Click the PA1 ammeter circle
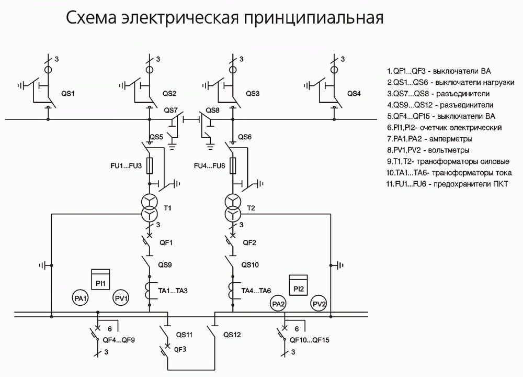tap(81, 298)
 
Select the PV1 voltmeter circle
tap(121, 298)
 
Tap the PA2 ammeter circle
tap(278, 304)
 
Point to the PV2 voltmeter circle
tap(319, 304)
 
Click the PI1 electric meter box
tap(100, 279)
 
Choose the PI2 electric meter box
tap(298, 285)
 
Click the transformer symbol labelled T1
tap(150, 208)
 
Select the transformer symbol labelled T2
tap(233, 208)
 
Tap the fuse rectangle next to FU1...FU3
tap(150, 165)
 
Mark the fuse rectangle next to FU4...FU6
tap(233, 165)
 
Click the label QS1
tap(67, 94)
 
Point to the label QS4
tap(354, 94)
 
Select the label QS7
tap(171, 110)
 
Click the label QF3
tap(180, 349)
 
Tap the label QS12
tap(232, 335)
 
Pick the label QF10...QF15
tap(310, 340)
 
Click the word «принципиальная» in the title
tap(313, 18)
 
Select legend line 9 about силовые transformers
tap(448, 162)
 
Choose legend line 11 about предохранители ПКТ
tap(447, 184)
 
